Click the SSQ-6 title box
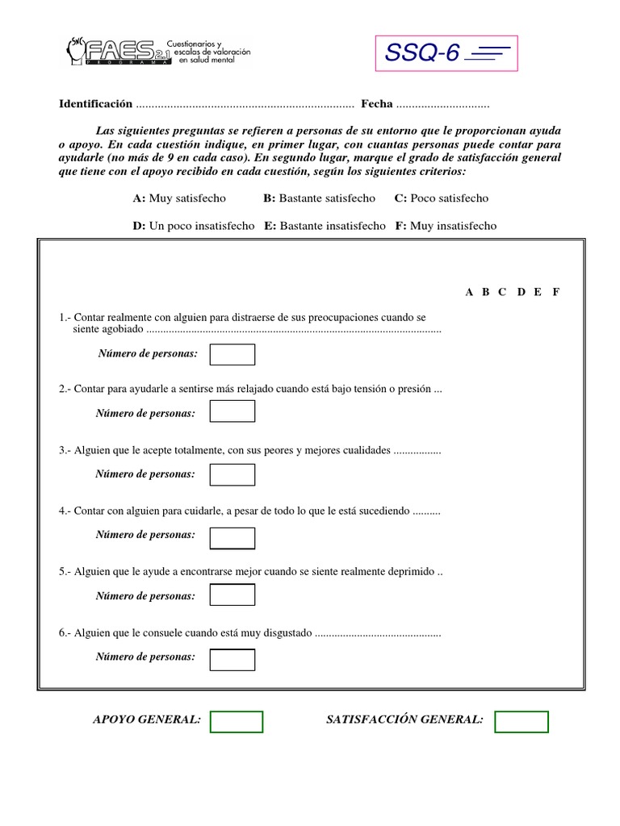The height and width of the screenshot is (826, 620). point(446,53)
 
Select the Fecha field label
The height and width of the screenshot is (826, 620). point(376,104)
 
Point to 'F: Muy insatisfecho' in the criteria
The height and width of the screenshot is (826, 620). point(446,226)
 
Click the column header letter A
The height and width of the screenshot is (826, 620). point(469,292)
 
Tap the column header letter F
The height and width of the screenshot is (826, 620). point(555,292)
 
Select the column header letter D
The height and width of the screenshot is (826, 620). point(521,292)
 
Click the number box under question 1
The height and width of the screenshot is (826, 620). point(232,354)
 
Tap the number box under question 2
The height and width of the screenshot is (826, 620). point(232,411)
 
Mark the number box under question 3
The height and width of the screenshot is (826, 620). point(232,474)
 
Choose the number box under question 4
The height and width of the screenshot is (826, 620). point(232,537)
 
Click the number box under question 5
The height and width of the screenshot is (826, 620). point(232,595)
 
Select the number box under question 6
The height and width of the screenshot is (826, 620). point(232,659)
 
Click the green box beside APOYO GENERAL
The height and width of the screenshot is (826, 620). point(236,721)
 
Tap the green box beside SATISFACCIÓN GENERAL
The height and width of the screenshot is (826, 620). point(521,721)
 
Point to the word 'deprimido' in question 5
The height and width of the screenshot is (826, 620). point(411,572)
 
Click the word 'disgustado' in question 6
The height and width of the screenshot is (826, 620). point(284,633)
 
